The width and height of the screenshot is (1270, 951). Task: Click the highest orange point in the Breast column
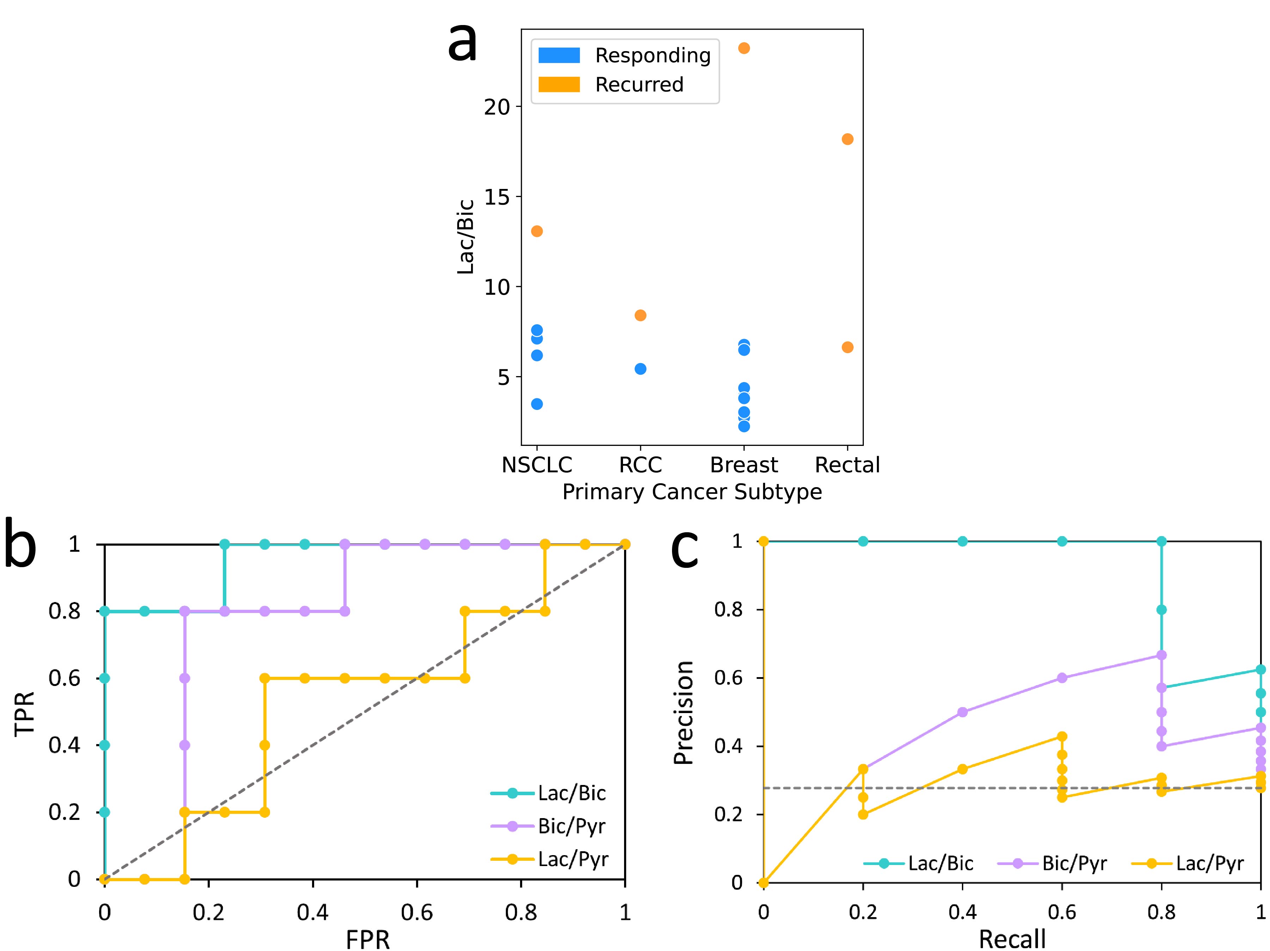coord(744,48)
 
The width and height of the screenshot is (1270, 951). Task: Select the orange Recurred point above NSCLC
coord(537,231)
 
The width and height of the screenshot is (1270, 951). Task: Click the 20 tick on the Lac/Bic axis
coord(497,107)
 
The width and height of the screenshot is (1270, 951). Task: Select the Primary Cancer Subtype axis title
coord(692,492)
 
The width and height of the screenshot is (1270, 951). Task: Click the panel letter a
coord(462,43)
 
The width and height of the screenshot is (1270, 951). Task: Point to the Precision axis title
coord(683,712)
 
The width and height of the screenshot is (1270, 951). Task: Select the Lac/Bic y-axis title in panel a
coord(465,237)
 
